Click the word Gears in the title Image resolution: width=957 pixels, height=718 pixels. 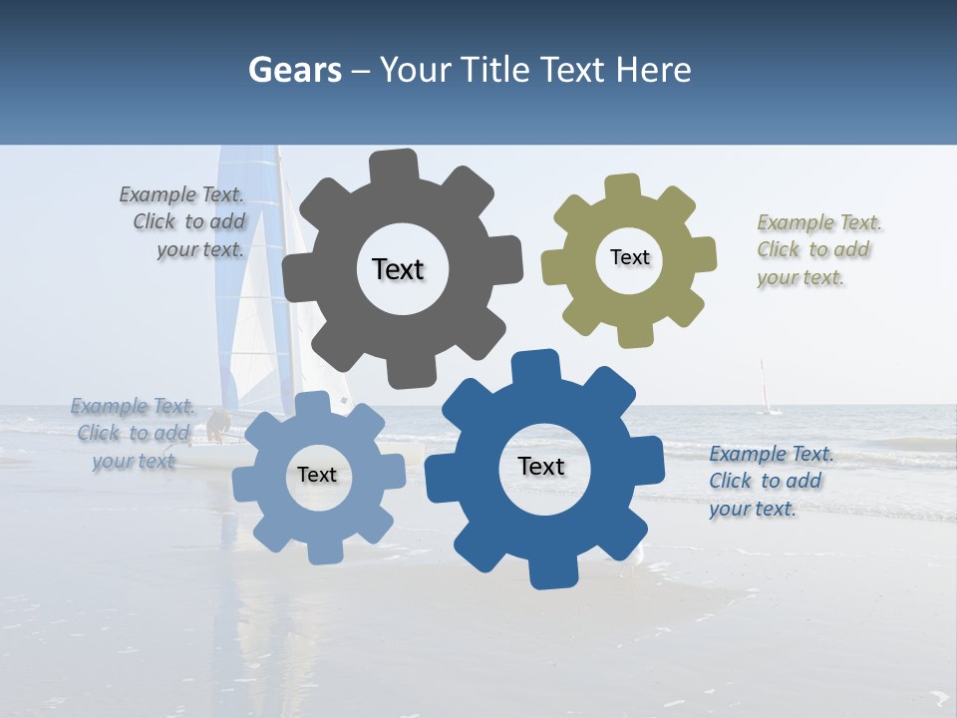tap(294, 70)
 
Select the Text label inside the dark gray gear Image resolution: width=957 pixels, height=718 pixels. tap(398, 269)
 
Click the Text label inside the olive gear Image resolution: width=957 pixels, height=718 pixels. tap(629, 257)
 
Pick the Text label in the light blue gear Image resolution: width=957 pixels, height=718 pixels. tap(317, 475)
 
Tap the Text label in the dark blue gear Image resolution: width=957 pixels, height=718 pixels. tap(541, 466)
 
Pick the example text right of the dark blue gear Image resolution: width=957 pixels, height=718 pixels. tap(768, 481)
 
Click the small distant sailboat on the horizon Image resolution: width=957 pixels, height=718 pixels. tap(766, 391)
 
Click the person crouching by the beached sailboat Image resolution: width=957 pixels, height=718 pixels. tap(216, 427)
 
